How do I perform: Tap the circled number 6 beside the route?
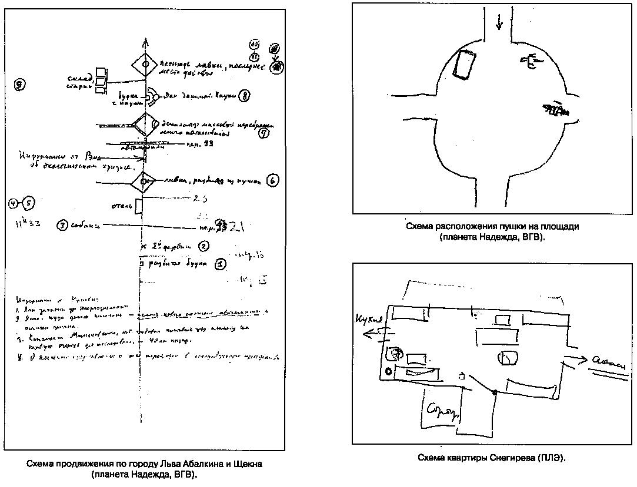[x=272, y=181]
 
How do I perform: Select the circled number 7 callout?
[x=264, y=133]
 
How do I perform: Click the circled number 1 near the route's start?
[x=219, y=264]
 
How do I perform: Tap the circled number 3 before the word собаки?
[x=62, y=225]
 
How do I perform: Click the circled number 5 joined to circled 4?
[x=28, y=204]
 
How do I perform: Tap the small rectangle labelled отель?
[x=139, y=207]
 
